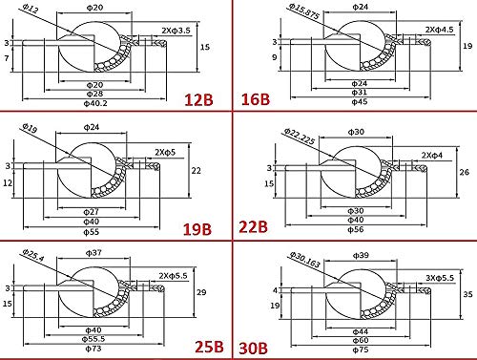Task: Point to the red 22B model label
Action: [258, 228]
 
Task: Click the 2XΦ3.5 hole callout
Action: [172, 30]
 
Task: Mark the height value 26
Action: [465, 172]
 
